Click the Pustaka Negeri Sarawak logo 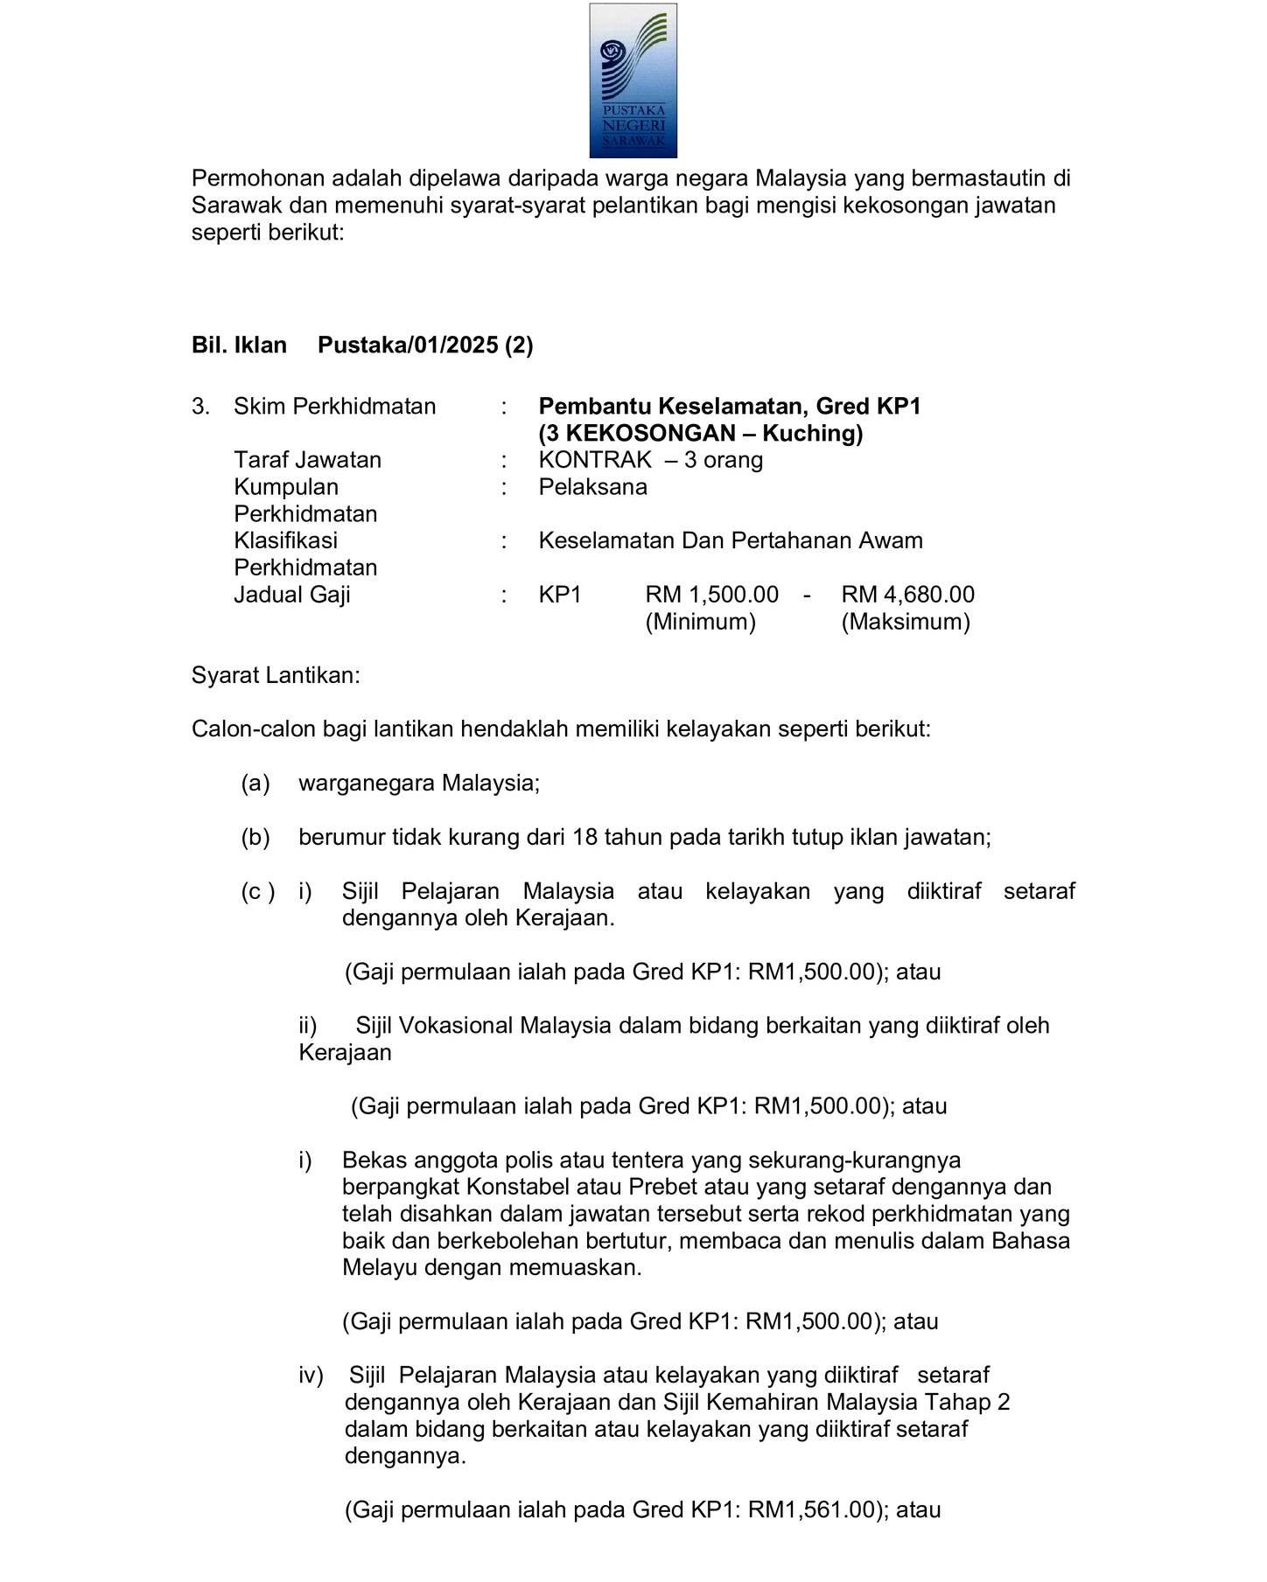(633, 80)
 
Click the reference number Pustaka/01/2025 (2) (425, 345)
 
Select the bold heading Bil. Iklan (239, 345)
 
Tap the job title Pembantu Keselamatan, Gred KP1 (729, 407)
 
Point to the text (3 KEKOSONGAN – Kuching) (700, 434)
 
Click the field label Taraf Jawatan (307, 460)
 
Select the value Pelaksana (592, 487)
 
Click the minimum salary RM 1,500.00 (711, 595)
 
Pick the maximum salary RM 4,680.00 (907, 595)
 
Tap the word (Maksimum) (906, 622)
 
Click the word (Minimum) (700, 622)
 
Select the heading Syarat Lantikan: (276, 676)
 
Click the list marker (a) (255, 783)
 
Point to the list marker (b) (255, 838)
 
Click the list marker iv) (311, 1376)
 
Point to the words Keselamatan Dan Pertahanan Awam (730, 540)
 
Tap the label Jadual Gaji (291, 595)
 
